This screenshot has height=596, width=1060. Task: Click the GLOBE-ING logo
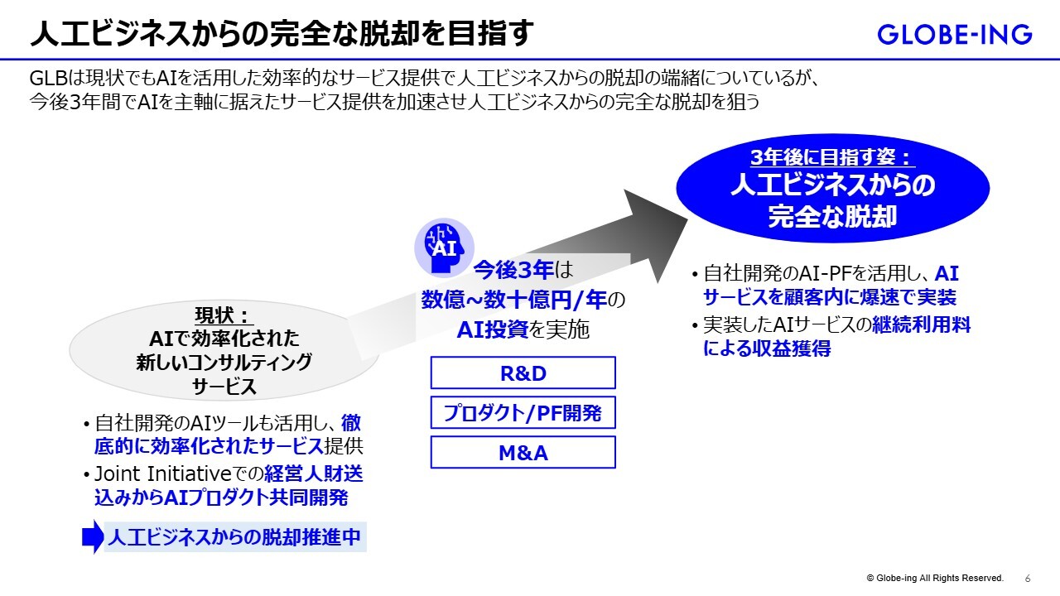click(955, 34)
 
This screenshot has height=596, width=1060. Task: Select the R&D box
click(523, 372)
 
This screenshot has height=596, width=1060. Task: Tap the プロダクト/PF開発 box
click(523, 412)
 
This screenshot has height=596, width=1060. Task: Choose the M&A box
click(523, 453)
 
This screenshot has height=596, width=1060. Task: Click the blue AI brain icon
click(444, 246)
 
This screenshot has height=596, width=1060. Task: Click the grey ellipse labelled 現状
click(224, 350)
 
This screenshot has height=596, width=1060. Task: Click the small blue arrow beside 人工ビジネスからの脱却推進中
click(93, 536)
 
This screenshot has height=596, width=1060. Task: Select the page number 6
click(1028, 578)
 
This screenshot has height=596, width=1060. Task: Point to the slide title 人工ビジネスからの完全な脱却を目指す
click(282, 34)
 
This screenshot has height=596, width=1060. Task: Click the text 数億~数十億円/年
click(515, 299)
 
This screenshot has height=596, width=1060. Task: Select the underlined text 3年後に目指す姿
click(832, 158)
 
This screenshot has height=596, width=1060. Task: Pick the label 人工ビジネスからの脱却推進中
click(234, 537)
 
